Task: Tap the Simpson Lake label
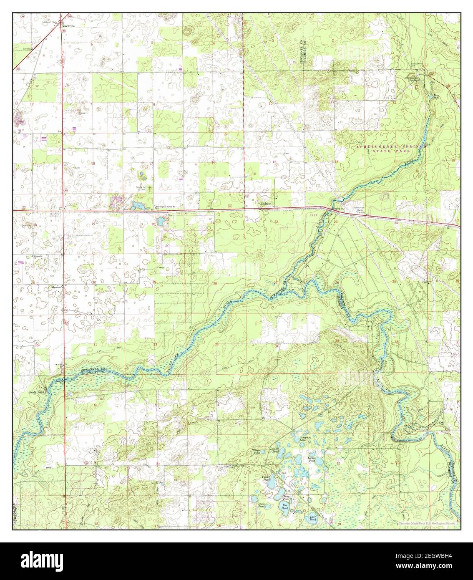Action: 306,437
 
